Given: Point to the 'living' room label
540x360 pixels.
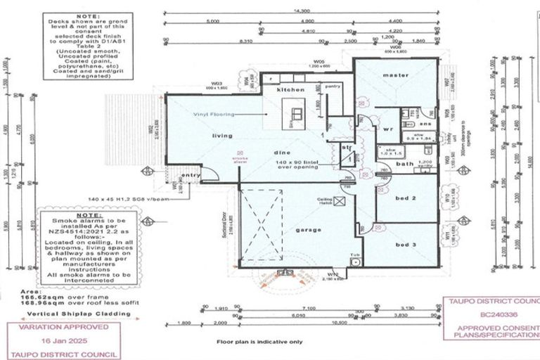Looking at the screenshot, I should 223,136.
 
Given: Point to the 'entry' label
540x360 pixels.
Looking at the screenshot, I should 191,175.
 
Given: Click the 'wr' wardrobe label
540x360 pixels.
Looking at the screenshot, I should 387,129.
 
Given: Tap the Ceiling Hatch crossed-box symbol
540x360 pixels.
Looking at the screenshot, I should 341,202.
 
